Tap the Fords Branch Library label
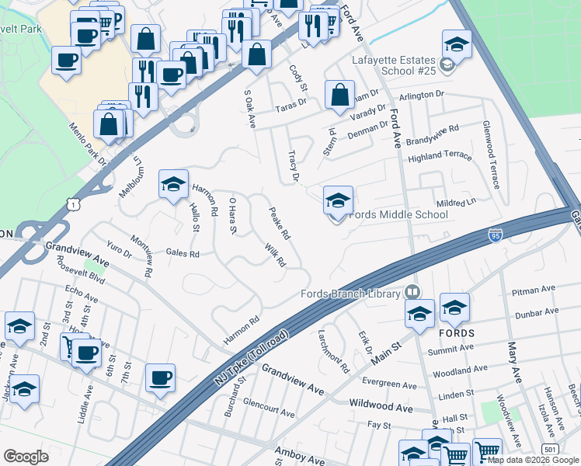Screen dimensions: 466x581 (351, 293)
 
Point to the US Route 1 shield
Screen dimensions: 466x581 (73, 203)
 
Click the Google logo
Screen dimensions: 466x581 (26, 457)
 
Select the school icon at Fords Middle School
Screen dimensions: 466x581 (338, 201)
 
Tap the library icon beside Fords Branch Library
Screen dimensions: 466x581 (412, 292)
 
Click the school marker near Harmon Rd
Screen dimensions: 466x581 (173, 185)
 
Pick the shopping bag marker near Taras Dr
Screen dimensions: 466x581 (339, 96)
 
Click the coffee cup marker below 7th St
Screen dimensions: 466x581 (161, 377)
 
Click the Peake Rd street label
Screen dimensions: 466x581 (280, 223)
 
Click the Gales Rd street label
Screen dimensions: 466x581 (183, 253)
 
